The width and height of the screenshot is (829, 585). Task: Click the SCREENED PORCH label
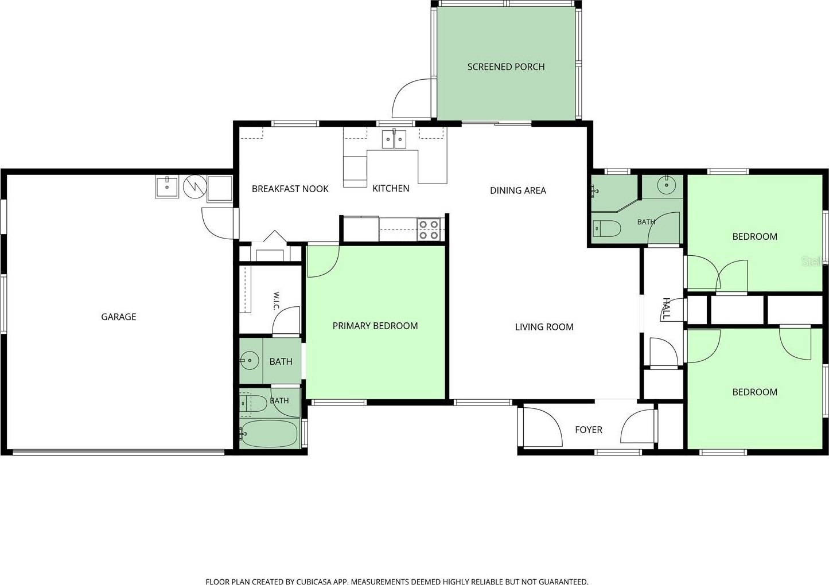click(x=505, y=67)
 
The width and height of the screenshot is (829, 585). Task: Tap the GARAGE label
click(x=118, y=317)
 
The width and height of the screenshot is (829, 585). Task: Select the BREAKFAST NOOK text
click(x=290, y=189)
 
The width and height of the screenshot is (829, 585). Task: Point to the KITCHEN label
click(x=391, y=188)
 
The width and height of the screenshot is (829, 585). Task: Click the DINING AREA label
click(x=517, y=190)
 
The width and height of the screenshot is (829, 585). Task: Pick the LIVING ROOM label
click(x=544, y=327)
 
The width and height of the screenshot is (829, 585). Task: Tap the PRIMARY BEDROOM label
click(x=375, y=326)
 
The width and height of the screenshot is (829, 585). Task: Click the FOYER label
click(x=589, y=430)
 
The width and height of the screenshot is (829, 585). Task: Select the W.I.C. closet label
click(x=276, y=301)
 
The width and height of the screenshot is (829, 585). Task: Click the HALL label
click(x=666, y=308)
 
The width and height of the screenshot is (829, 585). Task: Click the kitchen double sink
click(x=394, y=139)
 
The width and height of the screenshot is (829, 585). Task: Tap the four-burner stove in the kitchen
click(x=429, y=230)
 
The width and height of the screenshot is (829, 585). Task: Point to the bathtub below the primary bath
click(x=270, y=434)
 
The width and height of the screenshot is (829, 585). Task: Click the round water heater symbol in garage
click(x=195, y=186)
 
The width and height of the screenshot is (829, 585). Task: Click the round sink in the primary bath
click(x=250, y=360)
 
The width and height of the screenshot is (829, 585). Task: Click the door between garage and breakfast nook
click(x=219, y=224)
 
